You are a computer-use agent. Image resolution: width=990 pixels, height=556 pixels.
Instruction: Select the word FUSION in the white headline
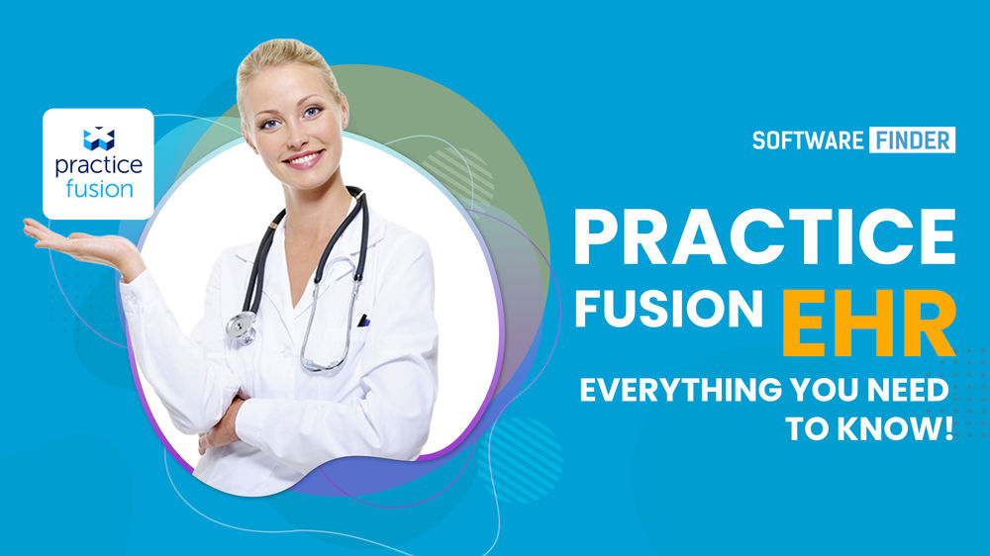pos(669,311)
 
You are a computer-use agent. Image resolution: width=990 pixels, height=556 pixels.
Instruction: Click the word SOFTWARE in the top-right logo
pos(808,139)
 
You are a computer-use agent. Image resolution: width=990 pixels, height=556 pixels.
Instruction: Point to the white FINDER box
pos(913,139)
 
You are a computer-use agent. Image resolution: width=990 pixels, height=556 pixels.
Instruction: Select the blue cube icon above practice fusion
pos(98,138)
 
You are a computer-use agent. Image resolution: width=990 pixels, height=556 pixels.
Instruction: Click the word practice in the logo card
pos(98,164)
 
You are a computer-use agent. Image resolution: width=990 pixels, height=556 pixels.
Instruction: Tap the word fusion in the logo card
pos(99,188)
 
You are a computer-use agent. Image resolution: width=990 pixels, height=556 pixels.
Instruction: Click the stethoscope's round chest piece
pos(241,326)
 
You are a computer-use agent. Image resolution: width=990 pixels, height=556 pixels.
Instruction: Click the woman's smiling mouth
pos(302,158)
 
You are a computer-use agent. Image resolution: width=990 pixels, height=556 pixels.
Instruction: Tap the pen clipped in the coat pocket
pos(364,321)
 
